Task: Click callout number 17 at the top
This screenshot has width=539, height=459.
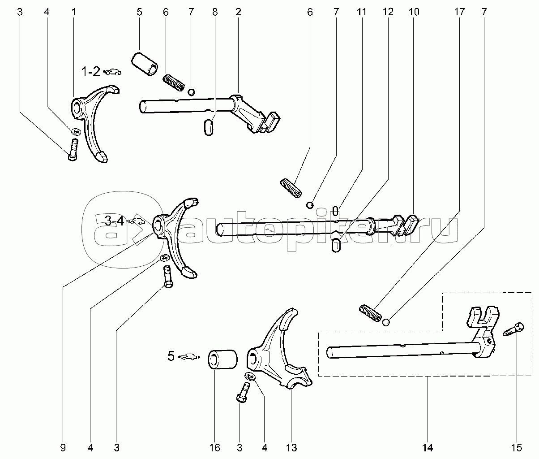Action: coord(459,12)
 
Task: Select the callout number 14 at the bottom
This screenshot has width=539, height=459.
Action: coord(428,448)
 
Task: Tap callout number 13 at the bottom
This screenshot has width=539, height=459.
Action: coord(291,448)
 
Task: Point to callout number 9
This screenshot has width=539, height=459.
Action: coord(63,448)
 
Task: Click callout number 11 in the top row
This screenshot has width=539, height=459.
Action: coord(362,12)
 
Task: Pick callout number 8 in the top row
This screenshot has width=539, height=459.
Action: coord(215,12)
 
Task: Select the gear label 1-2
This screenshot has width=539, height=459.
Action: coord(91,72)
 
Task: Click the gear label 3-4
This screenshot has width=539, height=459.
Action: coord(114,221)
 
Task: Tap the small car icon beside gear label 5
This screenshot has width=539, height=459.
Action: coord(188,357)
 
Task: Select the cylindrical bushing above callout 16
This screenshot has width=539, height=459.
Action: coord(222,359)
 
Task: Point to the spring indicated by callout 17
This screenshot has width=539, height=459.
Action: coord(370,313)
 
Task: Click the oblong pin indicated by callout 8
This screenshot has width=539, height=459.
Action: coord(208,127)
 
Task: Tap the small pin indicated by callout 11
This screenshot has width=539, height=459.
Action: coord(336,210)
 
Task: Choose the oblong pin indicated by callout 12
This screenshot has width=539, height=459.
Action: coord(336,245)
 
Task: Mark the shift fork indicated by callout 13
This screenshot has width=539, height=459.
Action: coord(278,349)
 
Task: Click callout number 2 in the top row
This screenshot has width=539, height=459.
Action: coord(238,12)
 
